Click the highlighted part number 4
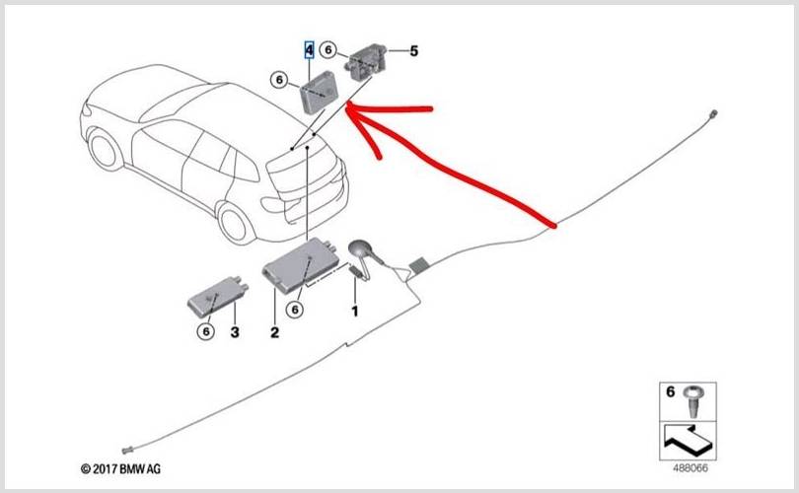click(x=310, y=50)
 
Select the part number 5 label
click(x=413, y=51)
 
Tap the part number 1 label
click(x=355, y=311)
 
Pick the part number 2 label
click(x=274, y=332)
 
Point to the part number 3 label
click(x=235, y=332)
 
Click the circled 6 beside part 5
click(x=328, y=49)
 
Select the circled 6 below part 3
click(x=206, y=331)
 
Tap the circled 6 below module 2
click(x=295, y=310)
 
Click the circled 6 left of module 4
click(x=279, y=80)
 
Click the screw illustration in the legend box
click(x=695, y=400)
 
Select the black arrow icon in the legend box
click(x=687, y=441)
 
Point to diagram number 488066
click(x=690, y=467)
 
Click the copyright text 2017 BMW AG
click(x=120, y=469)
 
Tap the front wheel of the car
click(x=106, y=149)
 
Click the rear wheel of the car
click(x=235, y=222)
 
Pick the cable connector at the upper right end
click(x=714, y=113)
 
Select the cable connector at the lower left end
click(x=127, y=451)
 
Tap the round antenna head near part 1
click(x=361, y=249)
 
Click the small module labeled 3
click(x=218, y=297)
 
